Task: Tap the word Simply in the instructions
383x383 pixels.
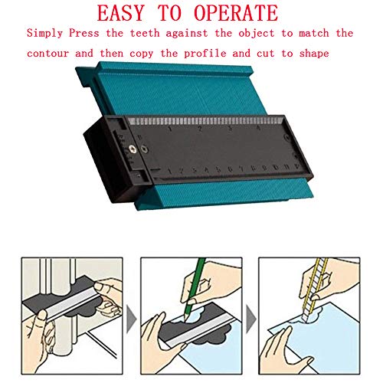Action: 45,34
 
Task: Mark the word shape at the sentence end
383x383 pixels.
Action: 312,54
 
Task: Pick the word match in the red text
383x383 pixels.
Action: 305,34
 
